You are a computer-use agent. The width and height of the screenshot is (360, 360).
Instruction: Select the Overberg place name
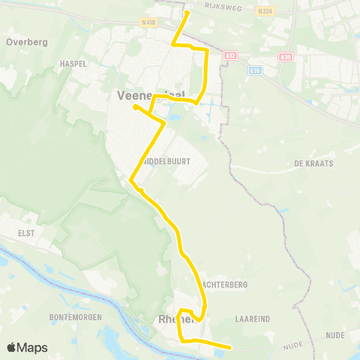[x=26, y=42]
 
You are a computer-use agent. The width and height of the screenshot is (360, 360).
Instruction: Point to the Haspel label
[x=73, y=64]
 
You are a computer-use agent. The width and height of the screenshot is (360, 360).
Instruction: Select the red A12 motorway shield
[x=231, y=55]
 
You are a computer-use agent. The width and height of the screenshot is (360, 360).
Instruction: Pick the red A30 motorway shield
[x=284, y=57]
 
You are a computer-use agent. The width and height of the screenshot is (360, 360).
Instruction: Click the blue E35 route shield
[x=255, y=70]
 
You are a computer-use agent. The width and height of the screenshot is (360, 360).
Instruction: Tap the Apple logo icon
[x=12, y=347]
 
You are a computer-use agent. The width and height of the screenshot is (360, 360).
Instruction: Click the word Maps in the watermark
[x=33, y=347]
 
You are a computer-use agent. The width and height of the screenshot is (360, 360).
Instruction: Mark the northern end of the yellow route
[x=187, y=13]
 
